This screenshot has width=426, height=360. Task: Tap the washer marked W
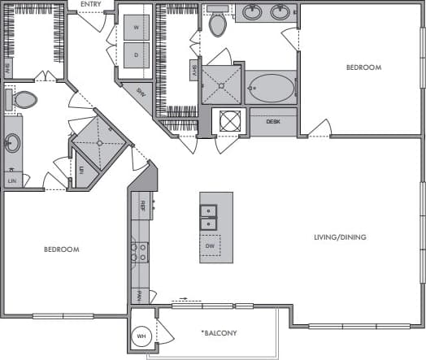point(137,26)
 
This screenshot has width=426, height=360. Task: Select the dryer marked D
point(137,55)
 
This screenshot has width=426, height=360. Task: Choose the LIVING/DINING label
point(341,237)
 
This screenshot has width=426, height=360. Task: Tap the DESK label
point(276,122)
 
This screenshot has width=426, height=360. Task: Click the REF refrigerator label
point(142,205)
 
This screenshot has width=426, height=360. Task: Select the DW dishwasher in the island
point(210,245)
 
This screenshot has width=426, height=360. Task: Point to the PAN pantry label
point(141,295)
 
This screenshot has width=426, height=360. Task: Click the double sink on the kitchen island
point(209,217)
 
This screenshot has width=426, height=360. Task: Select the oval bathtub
point(272,88)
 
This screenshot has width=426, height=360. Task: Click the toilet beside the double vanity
point(218,24)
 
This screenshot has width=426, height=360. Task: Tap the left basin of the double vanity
point(250,13)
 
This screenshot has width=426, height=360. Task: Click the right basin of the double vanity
point(280,13)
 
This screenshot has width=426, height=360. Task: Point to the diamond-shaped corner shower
point(100,142)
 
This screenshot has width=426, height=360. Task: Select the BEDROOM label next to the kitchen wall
point(62,249)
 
